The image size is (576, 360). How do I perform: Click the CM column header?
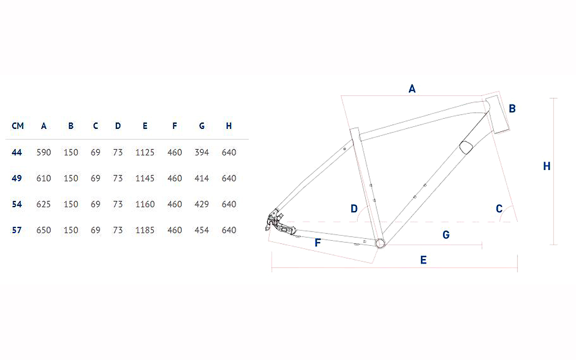18,126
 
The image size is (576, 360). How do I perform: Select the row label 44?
17,152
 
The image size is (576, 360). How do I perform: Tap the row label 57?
17,230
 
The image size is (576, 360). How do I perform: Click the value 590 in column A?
44,152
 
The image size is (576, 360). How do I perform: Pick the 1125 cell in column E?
145,152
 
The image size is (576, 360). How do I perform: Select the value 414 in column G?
202,178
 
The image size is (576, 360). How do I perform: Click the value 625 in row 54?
44,204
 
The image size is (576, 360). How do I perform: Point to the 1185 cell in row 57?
145,230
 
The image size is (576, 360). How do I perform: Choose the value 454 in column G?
202,230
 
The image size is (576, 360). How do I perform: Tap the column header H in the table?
229,126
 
